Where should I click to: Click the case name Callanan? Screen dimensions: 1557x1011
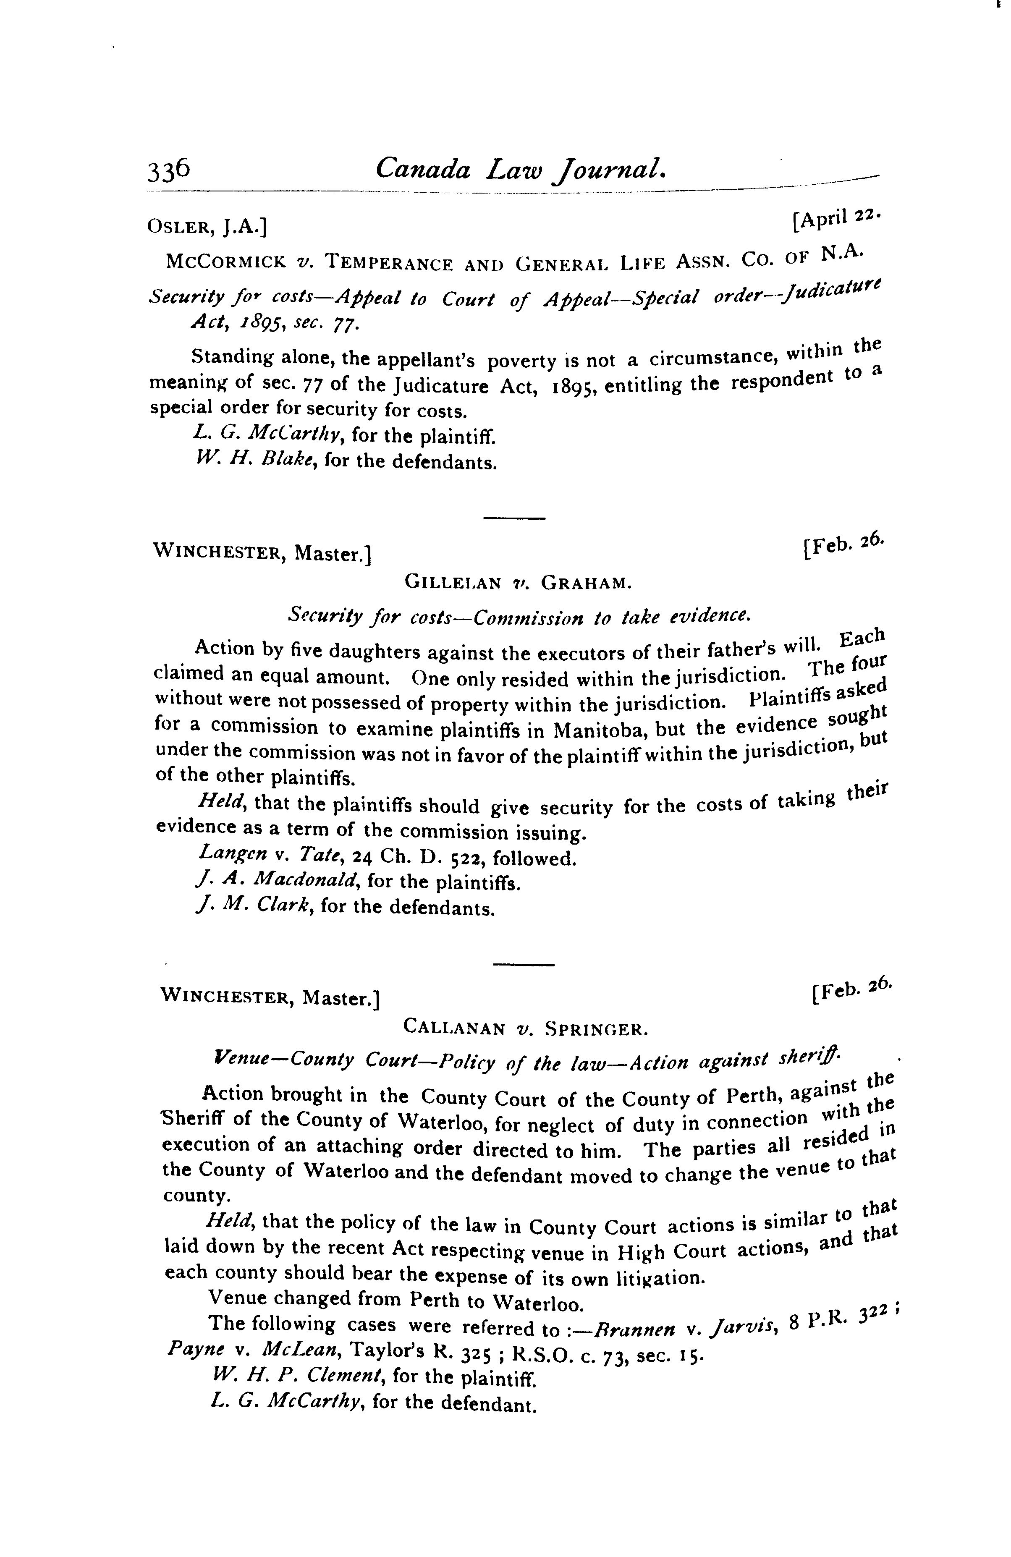pyautogui.click(x=454, y=1028)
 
